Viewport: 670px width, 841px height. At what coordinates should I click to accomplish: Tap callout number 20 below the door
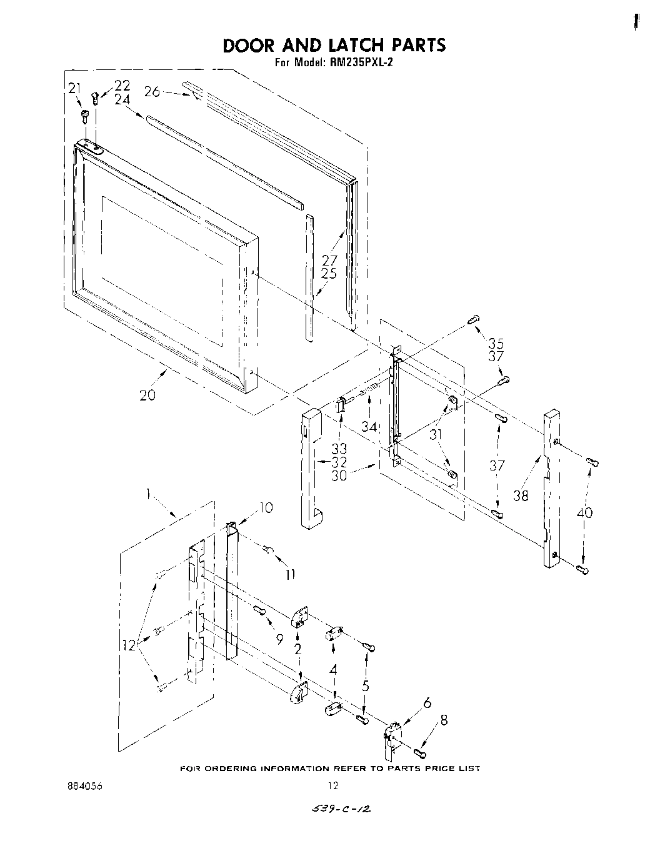tap(147, 396)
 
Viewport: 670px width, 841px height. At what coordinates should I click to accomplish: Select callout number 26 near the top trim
tap(152, 91)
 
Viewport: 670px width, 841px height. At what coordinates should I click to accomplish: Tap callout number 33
tap(339, 449)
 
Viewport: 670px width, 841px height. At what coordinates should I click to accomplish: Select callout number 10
tap(266, 508)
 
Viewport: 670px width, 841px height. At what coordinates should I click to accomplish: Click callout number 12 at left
tap(129, 645)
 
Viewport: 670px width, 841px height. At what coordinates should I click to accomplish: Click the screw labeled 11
tap(268, 549)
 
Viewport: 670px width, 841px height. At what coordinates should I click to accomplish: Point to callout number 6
tap(427, 702)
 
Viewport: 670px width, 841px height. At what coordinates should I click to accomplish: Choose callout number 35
tap(496, 343)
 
